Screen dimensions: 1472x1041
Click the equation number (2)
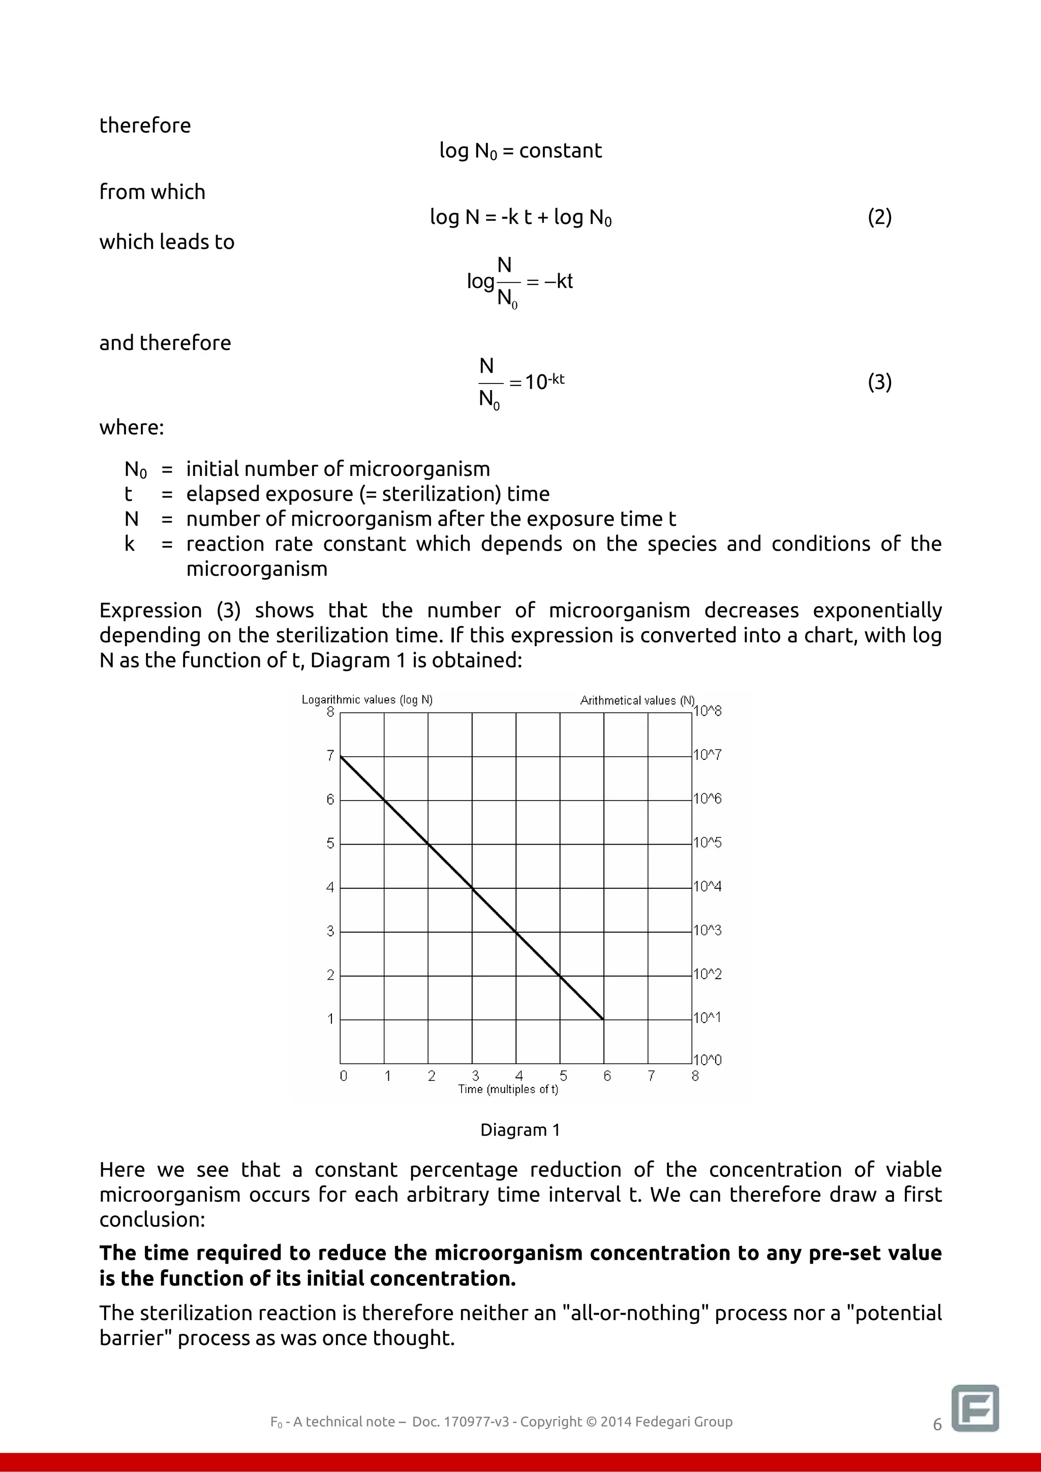pos(879,217)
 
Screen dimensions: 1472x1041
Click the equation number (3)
pos(879,382)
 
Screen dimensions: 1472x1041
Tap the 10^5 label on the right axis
pos(708,843)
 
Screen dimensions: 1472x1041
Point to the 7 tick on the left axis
pos(330,756)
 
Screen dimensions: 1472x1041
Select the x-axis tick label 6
pos(607,1076)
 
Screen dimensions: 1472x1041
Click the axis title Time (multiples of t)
pos(508,1089)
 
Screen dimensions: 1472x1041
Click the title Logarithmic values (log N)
pos(367,699)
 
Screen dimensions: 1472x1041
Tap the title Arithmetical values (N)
pos(637,700)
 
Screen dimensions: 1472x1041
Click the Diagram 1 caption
pos(520,1130)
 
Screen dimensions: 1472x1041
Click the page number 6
pos(937,1425)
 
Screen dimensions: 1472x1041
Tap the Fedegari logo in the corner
pos(975,1408)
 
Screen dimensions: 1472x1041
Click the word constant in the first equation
pos(560,151)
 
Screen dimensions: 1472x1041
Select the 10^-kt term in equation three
pos(544,381)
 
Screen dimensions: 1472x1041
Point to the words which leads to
pos(167,242)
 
